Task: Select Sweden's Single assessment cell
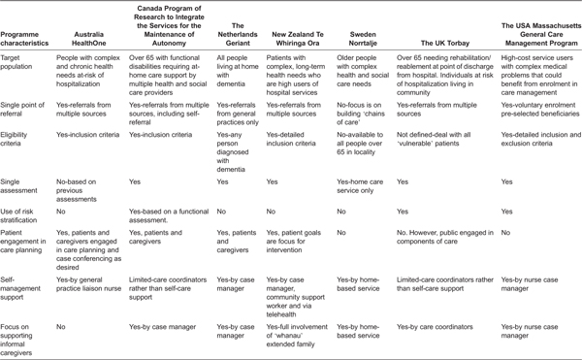[358, 186]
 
